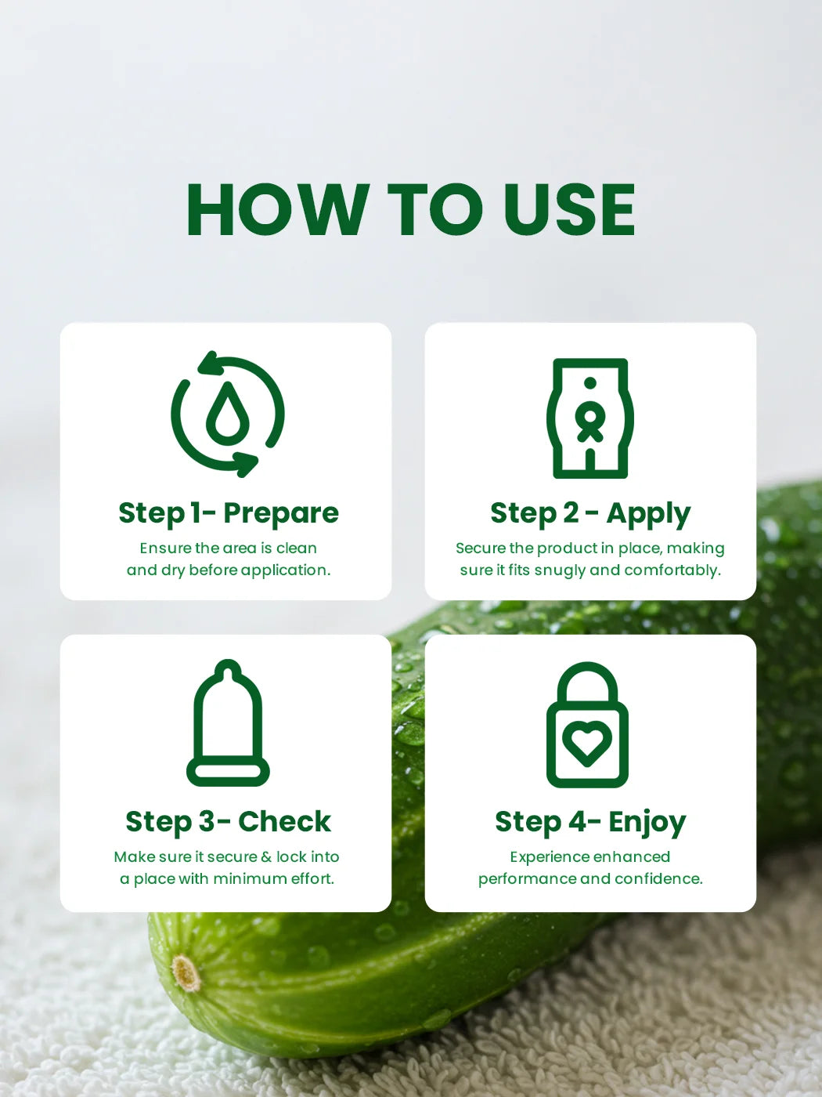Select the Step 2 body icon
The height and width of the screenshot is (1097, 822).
click(590, 418)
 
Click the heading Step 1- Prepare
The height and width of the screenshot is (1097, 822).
click(229, 513)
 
